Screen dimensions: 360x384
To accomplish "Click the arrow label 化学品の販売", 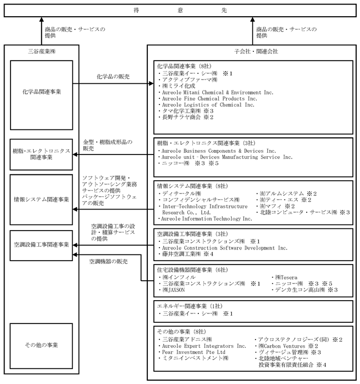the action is coord(113,77).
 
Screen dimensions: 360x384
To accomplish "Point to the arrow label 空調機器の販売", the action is coord(108,262).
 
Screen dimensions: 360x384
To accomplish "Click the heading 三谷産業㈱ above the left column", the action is coord(42,52).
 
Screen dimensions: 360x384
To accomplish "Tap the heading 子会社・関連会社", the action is coord(256,52).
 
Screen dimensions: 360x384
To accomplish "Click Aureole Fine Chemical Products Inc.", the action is coord(209,99).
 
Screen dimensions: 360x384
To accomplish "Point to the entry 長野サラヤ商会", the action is coord(182,117).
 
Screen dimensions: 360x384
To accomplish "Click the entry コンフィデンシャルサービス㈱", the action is coord(201,200).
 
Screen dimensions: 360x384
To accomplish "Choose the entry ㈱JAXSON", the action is coord(174,290).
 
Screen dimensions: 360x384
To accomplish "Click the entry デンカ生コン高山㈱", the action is coord(300,290).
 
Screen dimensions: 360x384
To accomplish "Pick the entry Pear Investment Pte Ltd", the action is coord(193,352).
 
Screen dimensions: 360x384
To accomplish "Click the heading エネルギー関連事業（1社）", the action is coord(190,306).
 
